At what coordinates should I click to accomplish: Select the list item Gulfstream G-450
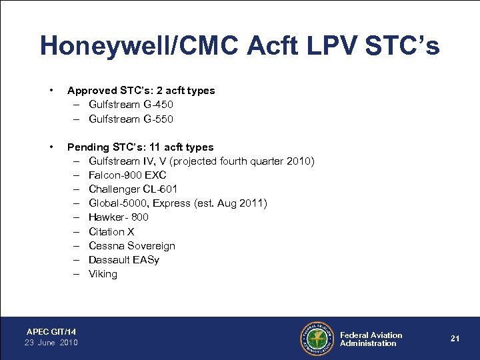(x=131, y=105)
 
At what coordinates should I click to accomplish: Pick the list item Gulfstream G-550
(x=131, y=119)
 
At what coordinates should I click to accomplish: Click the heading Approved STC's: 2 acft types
(x=141, y=91)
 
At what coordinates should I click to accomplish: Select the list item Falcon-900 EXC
(x=127, y=175)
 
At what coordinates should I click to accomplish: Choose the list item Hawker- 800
(x=119, y=217)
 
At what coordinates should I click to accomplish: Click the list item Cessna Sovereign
(x=131, y=246)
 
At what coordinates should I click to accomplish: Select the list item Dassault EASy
(x=123, y=260)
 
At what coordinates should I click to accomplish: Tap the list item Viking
(x=103, y=274)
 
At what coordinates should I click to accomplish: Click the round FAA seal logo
(x=317, y=339)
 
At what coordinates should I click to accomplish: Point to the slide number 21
(x=455, y=339)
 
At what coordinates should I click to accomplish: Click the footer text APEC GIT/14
(x=51, y=331)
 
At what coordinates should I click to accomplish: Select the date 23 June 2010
(x=51, y=343)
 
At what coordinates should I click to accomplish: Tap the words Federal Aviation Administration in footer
(x=371, y=339)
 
